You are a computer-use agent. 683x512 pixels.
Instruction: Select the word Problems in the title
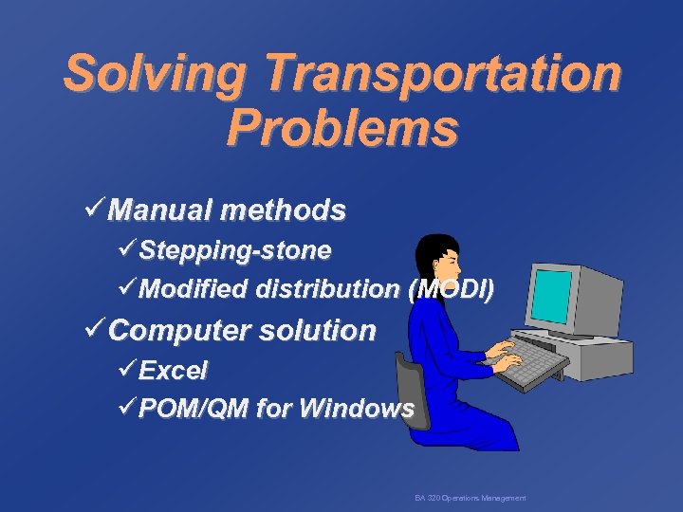click(341, 128)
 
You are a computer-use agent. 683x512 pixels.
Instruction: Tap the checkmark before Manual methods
click(95, 209)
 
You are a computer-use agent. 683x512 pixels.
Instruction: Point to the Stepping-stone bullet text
click(235, 250)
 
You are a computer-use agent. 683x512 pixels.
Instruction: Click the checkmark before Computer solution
click(95, 330)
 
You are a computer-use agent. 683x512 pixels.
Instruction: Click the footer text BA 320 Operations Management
click(470, 498)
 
